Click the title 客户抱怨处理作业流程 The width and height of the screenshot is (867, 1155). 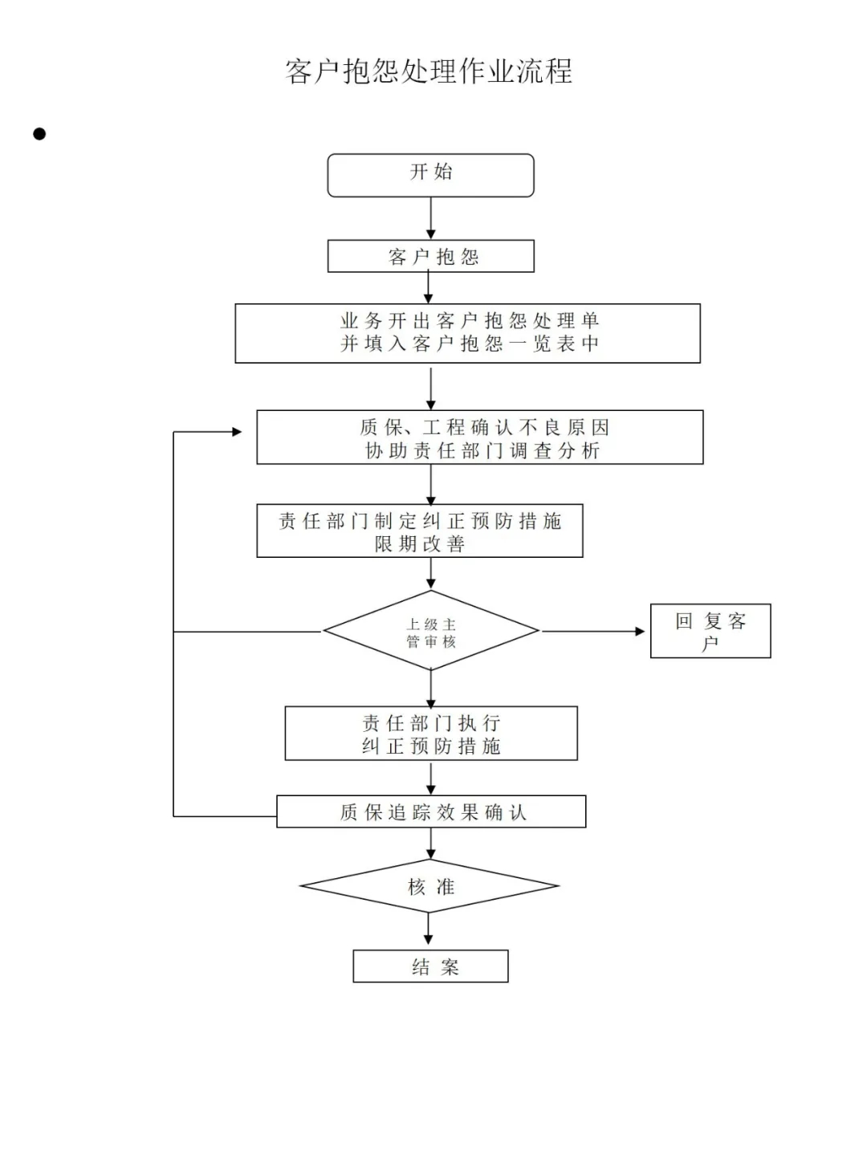tap(429, 71)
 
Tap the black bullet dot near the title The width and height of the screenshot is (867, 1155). tap(39, 134)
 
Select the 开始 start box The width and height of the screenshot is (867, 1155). tap(430, 175)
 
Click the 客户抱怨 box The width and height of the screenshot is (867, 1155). tap(430, 257)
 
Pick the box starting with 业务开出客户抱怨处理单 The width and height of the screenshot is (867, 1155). tap(467, 333)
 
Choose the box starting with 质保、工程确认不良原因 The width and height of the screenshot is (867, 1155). tap(479, 437)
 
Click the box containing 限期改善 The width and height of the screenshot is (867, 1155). tap(419, 531)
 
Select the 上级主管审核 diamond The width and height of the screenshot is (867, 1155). tap(431, 632)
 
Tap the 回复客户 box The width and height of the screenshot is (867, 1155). tap(710, 631)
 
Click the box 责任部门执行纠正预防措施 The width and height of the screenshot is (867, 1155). tap(431, 734)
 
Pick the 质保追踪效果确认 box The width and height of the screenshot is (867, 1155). tap(431, 811)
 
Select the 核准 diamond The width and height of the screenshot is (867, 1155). tap(429, 886)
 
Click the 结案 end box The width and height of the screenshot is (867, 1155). tap(430, 966)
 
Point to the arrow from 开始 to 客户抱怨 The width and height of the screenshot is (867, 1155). tap(431, 218)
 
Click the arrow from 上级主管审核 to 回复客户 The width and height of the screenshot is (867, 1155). tap(594, 632)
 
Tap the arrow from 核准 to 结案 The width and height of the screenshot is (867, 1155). tap(428, 930)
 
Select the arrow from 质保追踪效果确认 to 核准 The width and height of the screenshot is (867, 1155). tap(431, 844)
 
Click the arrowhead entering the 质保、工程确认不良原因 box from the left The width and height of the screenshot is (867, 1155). tap(236, 432)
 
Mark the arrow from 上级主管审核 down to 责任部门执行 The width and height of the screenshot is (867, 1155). tap(431, 689)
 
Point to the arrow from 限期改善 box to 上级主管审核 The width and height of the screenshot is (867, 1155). tap(431, 574)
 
